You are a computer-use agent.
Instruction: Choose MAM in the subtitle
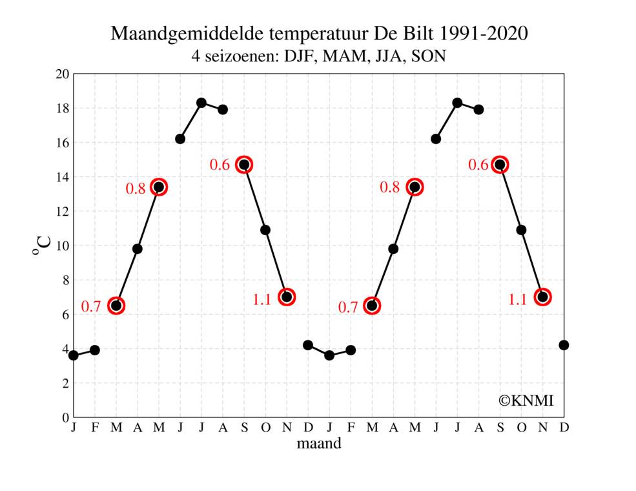click(344, 56)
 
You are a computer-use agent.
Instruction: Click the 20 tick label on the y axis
click(62, 74)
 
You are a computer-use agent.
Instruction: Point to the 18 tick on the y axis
click(62, 108)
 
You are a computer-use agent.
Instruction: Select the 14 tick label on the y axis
click(62, 177)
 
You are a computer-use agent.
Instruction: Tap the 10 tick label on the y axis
click(62, 245)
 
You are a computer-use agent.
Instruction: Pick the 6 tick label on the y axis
click(65, 315)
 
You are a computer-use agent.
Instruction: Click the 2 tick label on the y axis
click(65, 383)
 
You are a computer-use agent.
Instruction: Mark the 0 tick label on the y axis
click(65, 417)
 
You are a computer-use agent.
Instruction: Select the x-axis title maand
click(319, 444)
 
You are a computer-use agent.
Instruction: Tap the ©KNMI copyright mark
click(526, 401)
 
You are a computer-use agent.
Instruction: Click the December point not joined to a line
click(564, 345)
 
